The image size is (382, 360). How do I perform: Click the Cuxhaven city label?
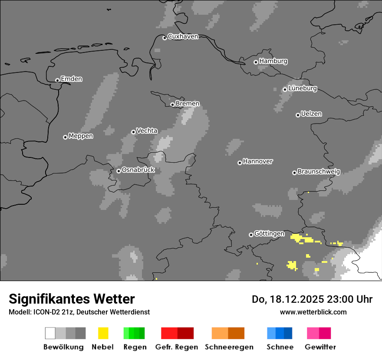pyautogui.click(x=183, y=36)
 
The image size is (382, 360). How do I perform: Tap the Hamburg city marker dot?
pyautogui.click(x=256, y=62)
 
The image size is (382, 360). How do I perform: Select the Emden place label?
pyautogui.click(x=71, y=79)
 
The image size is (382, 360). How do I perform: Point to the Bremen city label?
pyautogui.click(x=188, y=104)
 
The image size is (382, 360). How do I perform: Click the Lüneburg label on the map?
pyautogui.click(x=303, y=88)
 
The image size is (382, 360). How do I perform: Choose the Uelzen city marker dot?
pyautogui.click(x=298, y=115)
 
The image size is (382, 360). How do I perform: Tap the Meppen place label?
pyautogui.click(x=81, y=136)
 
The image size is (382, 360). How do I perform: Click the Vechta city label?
pyautogui.click(x=147, y=131)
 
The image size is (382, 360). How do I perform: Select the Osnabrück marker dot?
pyautogui.click(x=119, y=171)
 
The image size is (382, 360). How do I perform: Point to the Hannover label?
pyautogui.click(x=258, y=161)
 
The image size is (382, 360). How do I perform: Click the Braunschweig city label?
pyautogui.click(x=319, y=172)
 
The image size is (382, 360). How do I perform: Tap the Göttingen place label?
pyautogui.click(x=269, y=234)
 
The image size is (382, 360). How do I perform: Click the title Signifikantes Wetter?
pyautogui.click(x=72, y=299)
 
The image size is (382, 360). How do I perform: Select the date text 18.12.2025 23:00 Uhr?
pyautogui.click(x=312, y=299)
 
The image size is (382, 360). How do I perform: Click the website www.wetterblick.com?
pyautogui.click(x=313, y=312)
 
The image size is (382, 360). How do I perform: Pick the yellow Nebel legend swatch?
pyautogui.click(x=103, y=333)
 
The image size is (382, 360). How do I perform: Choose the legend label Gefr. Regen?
pyautogui.click(x=177, y=347)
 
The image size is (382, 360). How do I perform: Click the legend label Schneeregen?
pyautogui.click(x=229, y=347)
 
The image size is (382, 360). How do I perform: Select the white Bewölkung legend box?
pyautogui.click(x=50, y=333)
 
